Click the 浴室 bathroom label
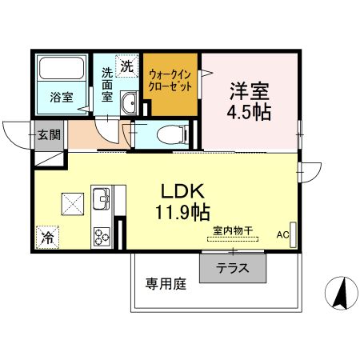[x=62, y=97]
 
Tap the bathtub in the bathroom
[x=62, y=70]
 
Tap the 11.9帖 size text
[x=184, y=213]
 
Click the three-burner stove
[x=102, y=235]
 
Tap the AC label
[x=282, y=234]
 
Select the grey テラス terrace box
[x=232, y=267]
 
